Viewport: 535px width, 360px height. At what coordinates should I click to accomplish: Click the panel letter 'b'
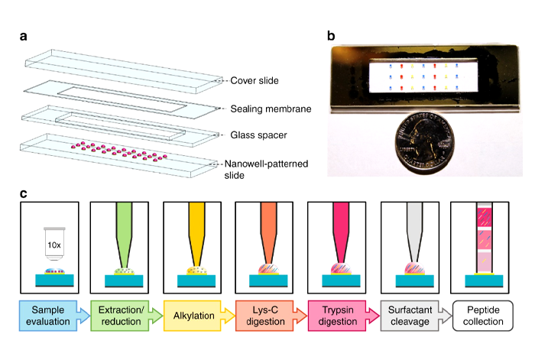pos(330,36)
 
